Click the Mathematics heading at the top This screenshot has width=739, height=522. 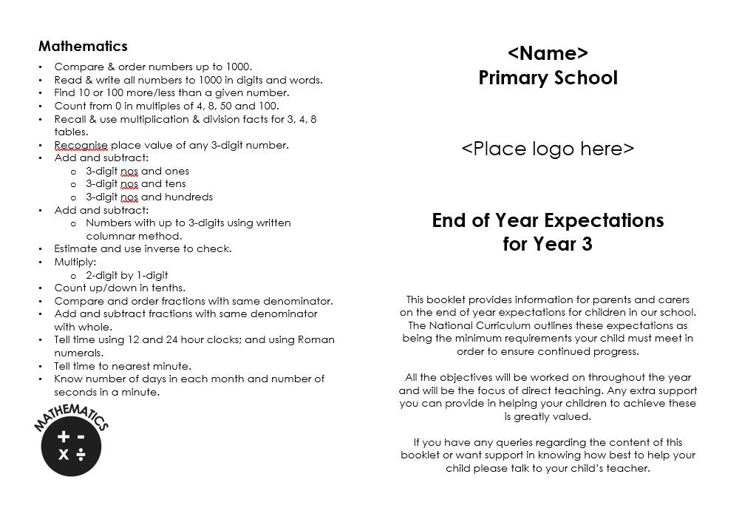point(83,46)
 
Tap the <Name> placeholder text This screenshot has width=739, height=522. point(548,53)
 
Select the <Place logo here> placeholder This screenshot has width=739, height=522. point(548,149)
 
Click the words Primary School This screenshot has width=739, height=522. point(548,78)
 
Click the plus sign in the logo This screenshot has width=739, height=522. point(64,437)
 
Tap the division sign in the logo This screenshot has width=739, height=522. point(81,454)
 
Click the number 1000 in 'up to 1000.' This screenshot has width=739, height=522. point(238,67)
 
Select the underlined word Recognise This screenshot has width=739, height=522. point(81,145)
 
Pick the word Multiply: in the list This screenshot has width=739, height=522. point(75,262)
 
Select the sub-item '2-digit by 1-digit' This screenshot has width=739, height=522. point(127,275)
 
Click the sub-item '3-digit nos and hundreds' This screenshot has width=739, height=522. point(149,197)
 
